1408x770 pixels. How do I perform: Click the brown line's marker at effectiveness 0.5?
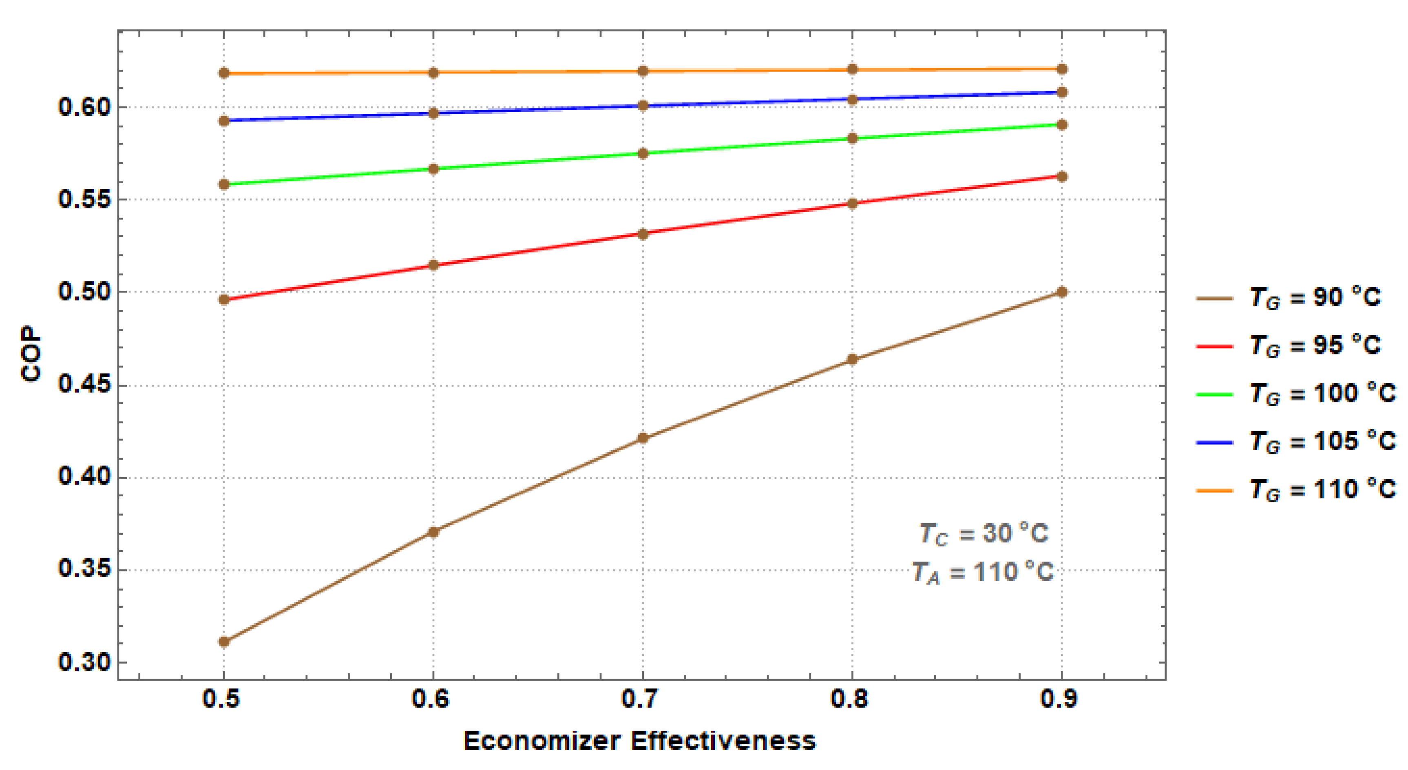pos(223,641)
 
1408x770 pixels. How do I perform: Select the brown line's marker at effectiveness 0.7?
pos(643,438)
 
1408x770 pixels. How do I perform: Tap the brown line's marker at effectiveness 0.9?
pos(1061,292)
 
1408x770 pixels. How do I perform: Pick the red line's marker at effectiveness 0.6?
pos(433,265)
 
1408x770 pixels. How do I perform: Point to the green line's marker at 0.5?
pos(223,184)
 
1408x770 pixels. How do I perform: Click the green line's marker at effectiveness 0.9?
pos(1061,125)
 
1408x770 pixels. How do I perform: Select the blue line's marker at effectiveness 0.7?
pos(643,106)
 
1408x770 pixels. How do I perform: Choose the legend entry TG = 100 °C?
pos(1322,394)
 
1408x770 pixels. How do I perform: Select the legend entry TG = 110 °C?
pos(1322,489)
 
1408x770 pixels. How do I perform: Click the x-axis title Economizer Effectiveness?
pos(639,741)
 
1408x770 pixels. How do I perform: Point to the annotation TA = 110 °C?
pos(982,573)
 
